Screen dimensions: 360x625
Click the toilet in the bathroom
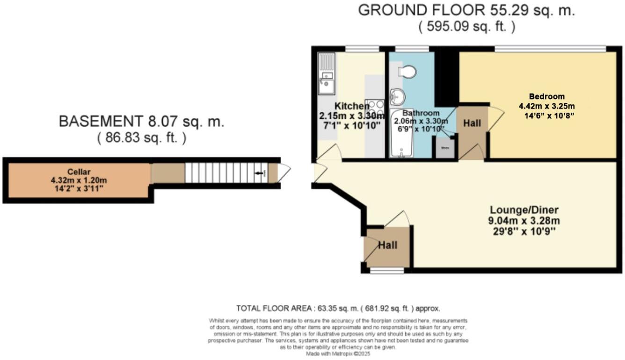tap(407, 72)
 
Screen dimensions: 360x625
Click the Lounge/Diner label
tap(524, 209)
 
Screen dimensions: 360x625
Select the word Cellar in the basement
tap(78, 171)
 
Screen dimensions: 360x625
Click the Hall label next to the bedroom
tap(472, 123)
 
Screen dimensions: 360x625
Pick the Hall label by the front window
tap(387, 245)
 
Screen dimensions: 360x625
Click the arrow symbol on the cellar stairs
tap(258, 173)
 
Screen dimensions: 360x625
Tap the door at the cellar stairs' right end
tap(283, 173)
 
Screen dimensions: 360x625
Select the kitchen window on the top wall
tap(362, 48)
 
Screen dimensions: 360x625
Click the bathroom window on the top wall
tap(412, 48)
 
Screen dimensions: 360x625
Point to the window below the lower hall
tap(387, 270)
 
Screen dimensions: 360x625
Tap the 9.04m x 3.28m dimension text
tap(524, 221)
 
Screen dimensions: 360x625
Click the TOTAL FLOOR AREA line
tap(338, 309)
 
